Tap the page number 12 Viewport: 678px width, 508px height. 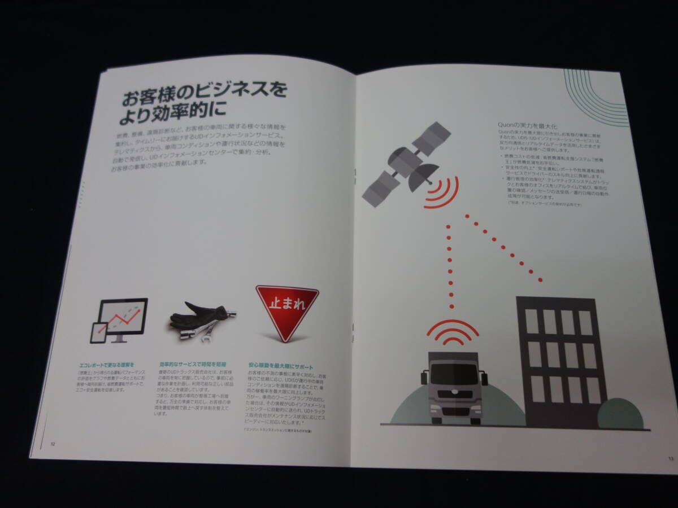53,443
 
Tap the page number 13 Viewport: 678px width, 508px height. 670,458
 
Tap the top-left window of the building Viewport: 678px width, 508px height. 531,320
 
